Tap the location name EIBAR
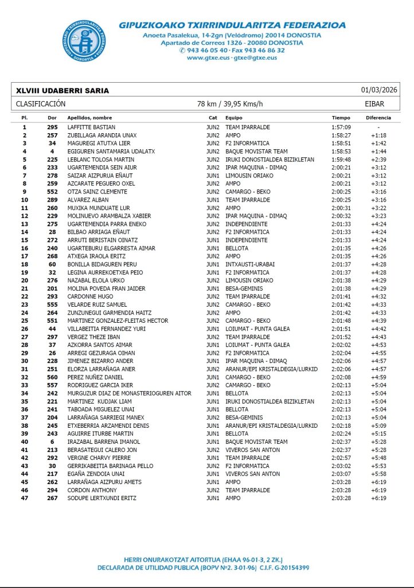pyautogui.click(x=374, y=104)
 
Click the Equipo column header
pyautogui.click(x=234, y=117)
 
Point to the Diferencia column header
pyautogui.click(x=378, y=117)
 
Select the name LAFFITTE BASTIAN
pyautogui.click(x=91, y=127)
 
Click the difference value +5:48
pyautogui.click(x=378, y=458)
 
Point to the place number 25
pyautogui.click(x=25, y=320)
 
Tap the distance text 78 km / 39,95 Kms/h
pyautogui.click(x=230, y=104)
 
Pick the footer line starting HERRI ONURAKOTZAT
pyautogui.click(x=204, y=559)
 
